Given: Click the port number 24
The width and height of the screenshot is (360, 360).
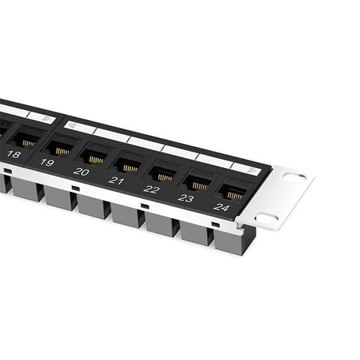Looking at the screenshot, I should pyautogui.click(x=221, y=207).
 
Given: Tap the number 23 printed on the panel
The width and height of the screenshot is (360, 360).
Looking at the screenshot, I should pyautogui.click(x=186, y=199).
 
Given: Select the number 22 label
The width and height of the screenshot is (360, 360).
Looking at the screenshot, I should pyautogui.click(x=151, y=189).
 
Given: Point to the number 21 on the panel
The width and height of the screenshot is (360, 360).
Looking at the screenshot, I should pyautogui.click(x=116, y=181).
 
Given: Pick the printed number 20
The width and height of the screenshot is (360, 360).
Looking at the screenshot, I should pyautogui.click(x=81, y=172).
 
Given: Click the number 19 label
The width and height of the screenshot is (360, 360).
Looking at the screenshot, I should pyautogui.click(x=46, y=163).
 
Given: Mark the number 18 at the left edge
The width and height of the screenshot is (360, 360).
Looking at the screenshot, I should pyautogui.click(x=13, y=154).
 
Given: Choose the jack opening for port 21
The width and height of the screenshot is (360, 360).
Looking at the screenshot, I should pyautogui.click(x=129, y=165).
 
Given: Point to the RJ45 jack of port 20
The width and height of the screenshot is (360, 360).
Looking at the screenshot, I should pyautogui.click(x=94, y=156).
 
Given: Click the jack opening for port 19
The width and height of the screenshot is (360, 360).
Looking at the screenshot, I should pyautogui.click(x=61, y=148).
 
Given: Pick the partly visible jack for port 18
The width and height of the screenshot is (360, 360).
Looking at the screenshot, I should pyautogui.click(x=28, y=139).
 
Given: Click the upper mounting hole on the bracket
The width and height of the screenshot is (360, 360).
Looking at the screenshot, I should pyautogui.click(x=294, y=178).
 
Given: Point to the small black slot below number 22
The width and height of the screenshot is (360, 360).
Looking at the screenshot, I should pyautogui.click(x=145, y=206).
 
